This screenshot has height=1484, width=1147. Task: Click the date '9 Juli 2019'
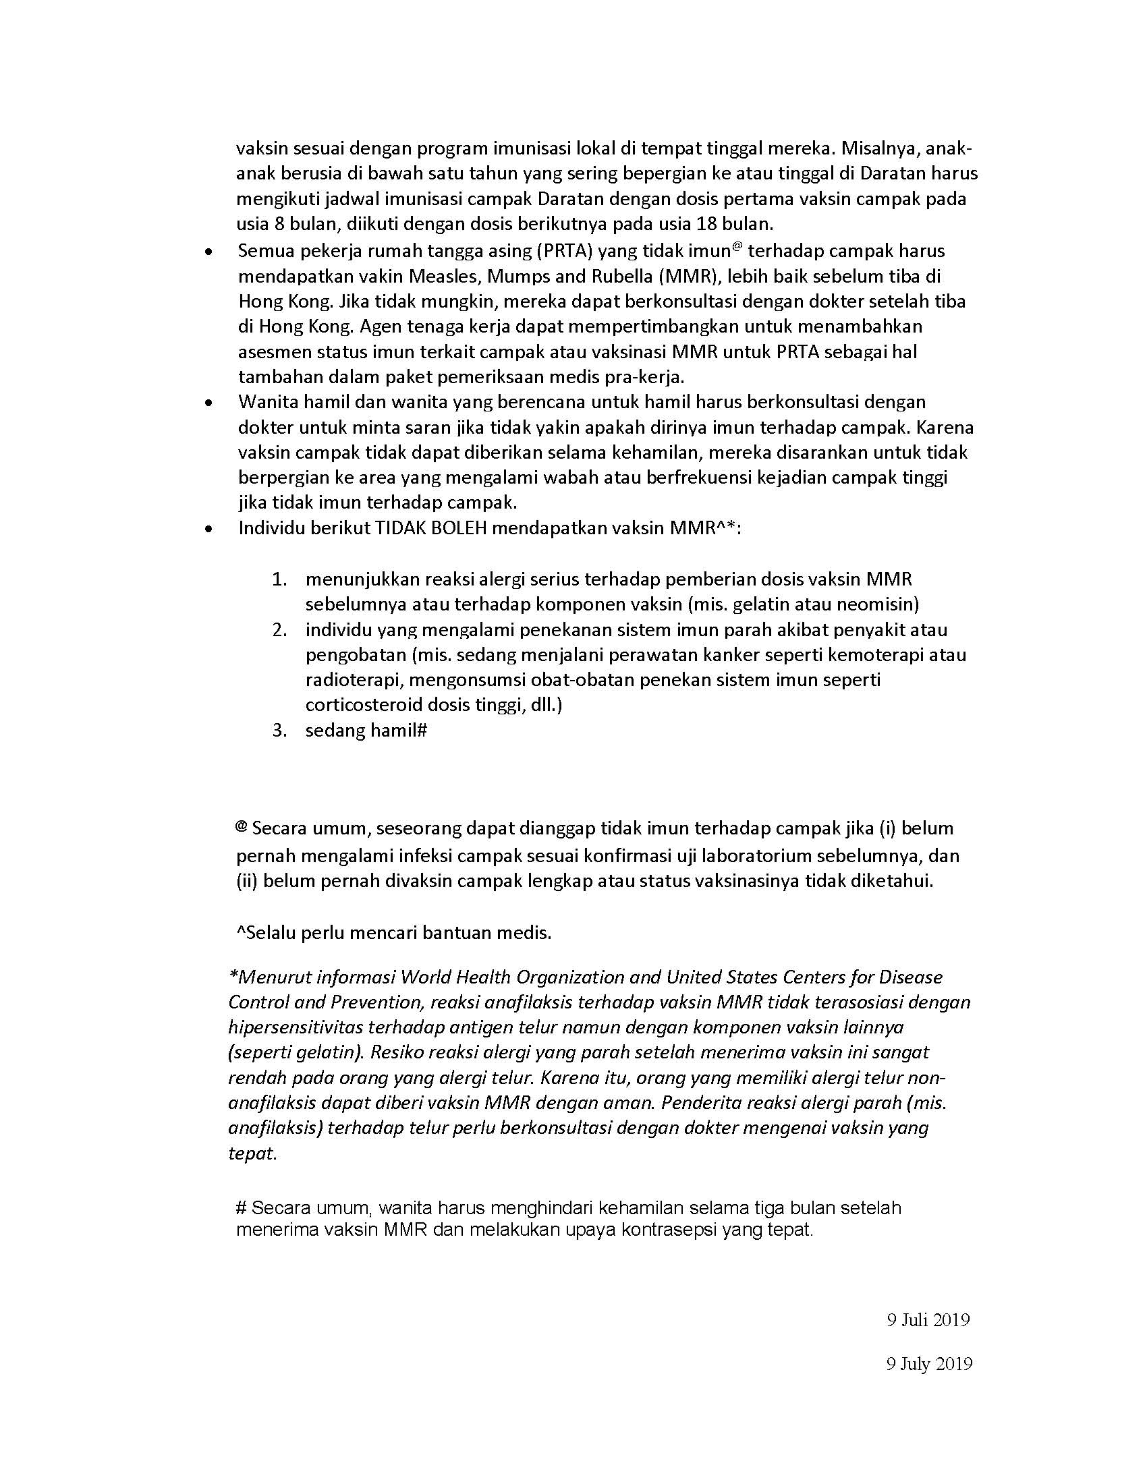pos(928,1320)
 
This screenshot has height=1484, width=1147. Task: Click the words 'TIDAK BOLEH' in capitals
pos(430,528)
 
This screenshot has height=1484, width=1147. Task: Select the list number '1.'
pos(279,579)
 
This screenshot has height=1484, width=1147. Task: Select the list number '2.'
pos(279,630)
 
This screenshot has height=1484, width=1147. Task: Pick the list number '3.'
pos(279,731)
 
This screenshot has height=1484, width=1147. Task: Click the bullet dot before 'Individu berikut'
pos(210,529)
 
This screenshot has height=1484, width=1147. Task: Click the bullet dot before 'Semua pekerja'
pos(210,252)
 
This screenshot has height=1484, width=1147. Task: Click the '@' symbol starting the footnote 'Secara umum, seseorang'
pos(241,827)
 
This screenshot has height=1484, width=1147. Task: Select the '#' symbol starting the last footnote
pos(241,1207)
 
